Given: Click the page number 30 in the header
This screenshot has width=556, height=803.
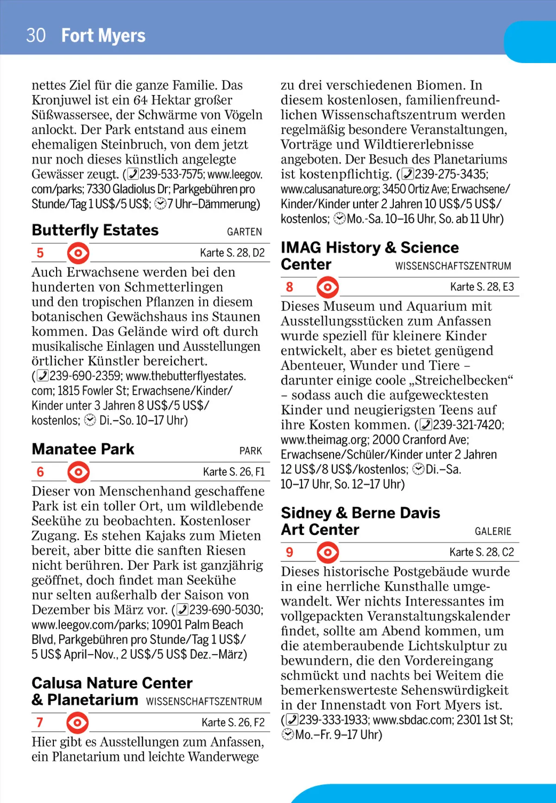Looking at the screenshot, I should pyautogui.click(x=36, y=36).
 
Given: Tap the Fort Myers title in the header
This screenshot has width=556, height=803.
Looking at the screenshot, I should pyautogui.click(x=103, y=36).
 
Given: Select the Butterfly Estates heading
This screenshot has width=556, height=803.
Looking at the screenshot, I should pyautogui.click(x=95, y=230).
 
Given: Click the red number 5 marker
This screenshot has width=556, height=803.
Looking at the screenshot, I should pyautogui.click(x=40, y=253).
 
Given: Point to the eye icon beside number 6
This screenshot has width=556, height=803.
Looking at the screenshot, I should pyautogui.click(x=78, y=472).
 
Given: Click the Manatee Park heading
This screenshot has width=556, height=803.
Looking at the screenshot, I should pyautogui.click(x=83, y=449).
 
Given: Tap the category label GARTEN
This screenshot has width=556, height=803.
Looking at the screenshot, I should pyautogui.click(x=244, y=232).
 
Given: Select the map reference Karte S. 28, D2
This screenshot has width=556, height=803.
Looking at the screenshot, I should pyautogui.click(x=232, y=253).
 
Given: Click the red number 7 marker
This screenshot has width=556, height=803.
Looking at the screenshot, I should pyautogui.click(x=40, y=722).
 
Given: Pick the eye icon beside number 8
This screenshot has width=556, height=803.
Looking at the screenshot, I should pyautogui.click(x=328, y=287).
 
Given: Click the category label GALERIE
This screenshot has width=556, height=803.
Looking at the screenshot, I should pyautogui.click(x=493, y=531).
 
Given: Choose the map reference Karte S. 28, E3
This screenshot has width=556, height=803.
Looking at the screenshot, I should pyautogui.click(x=482, y=287).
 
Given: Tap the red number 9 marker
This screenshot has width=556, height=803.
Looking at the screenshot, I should pyautogui.click(x=290, y=552).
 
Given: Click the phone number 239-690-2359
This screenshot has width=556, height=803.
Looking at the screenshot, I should pyautogui.click(x=85, y=376).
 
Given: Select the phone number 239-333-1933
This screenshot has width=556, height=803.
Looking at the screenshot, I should pyautogui.click(x=334, y=720).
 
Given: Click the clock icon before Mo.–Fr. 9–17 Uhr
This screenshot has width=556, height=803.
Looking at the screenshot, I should pyautogui.click(x=287, y=734).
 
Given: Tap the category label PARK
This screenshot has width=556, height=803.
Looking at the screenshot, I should pyautogui.click(x=251, y=451).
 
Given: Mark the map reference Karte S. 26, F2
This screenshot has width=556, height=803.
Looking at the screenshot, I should pyautogui.click(x=233, y=722).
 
